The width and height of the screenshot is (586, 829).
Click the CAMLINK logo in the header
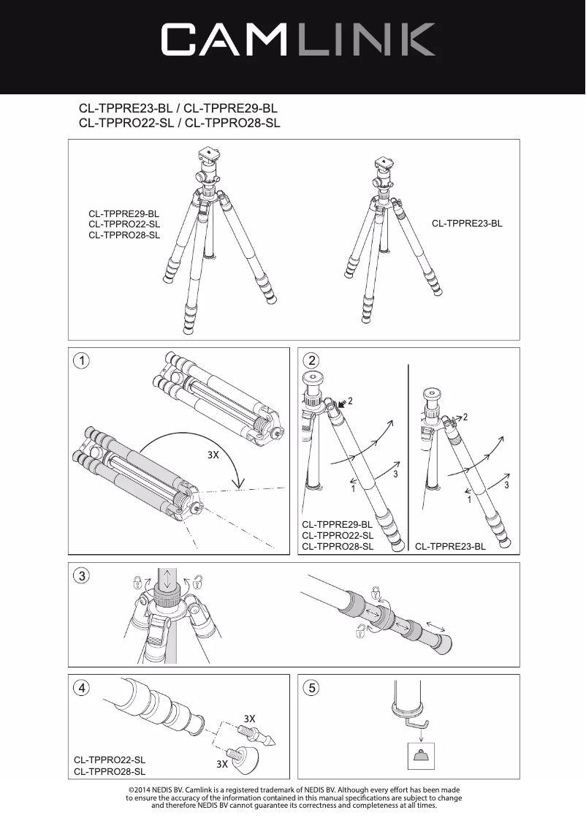298,39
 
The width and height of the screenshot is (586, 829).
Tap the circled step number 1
83,361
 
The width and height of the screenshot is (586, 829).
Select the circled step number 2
313,361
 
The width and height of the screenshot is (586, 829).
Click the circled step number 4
83,688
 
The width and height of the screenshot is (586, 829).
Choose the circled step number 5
313,688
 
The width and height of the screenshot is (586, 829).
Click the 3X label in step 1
213,455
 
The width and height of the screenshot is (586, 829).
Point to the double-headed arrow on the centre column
168,581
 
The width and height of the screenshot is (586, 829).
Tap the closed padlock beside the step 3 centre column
137,583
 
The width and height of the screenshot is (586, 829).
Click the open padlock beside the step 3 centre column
197,583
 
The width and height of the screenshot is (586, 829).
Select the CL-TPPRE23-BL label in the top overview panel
467,223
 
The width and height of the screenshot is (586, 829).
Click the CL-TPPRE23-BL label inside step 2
450,546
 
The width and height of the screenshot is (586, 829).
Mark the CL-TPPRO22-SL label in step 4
110,760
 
